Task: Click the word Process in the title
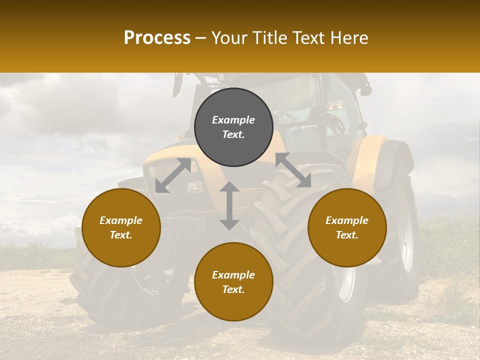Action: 157,38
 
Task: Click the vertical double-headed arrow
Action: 229,205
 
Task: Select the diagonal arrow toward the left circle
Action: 173,175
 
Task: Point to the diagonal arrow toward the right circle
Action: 293,170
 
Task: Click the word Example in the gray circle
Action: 233,120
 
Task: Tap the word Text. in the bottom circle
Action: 233,289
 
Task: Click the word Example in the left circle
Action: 121,220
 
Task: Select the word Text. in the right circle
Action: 347,235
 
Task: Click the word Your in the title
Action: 228,38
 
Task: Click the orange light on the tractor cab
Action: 335,105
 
